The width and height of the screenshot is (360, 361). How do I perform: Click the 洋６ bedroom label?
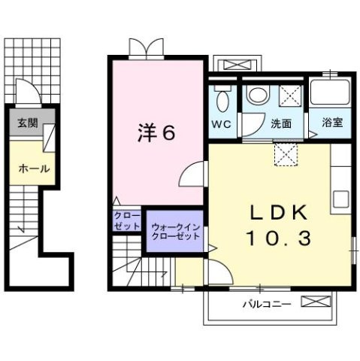(156, 133)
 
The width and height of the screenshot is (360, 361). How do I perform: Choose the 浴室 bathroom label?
(331, 123)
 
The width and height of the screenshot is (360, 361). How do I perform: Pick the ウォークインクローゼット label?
(176, 231)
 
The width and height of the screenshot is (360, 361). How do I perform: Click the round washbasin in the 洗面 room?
(256, 95)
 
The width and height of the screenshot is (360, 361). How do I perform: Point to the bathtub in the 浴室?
(331, 94)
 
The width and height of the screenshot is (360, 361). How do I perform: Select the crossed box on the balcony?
(316, 302)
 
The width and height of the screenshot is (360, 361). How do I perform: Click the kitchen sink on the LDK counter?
(341, 200)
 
